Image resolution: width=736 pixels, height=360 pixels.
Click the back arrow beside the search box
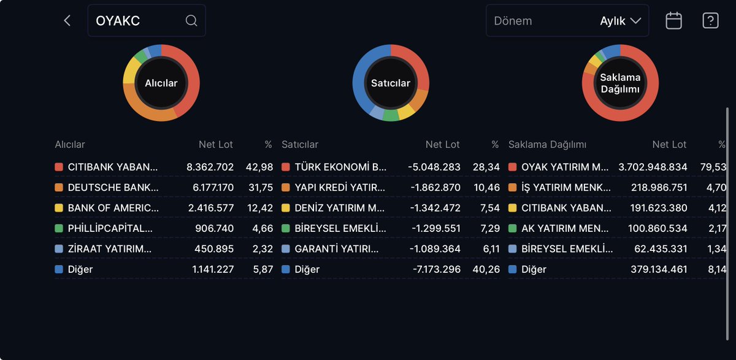67,21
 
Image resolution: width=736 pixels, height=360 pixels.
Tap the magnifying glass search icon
191,21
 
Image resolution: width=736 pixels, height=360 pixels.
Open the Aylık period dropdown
621,21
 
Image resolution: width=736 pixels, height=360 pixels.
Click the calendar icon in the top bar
673,21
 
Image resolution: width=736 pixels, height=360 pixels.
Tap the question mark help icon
710,21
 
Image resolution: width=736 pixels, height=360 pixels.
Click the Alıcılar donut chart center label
161,83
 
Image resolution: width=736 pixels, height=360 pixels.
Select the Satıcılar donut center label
391,83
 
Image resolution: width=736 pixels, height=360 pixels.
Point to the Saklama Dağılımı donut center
620,83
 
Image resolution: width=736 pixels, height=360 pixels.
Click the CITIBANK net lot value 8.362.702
210,167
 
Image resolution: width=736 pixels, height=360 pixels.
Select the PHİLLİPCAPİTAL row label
109,228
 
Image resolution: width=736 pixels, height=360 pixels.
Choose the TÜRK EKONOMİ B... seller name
340,167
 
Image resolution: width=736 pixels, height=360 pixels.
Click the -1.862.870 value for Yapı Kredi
434,187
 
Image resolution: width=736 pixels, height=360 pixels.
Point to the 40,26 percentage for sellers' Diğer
486,269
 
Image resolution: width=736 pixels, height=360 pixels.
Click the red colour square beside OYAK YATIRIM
513,167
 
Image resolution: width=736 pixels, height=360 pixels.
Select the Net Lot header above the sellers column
442,145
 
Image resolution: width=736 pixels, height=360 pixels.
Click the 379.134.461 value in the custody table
659,269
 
